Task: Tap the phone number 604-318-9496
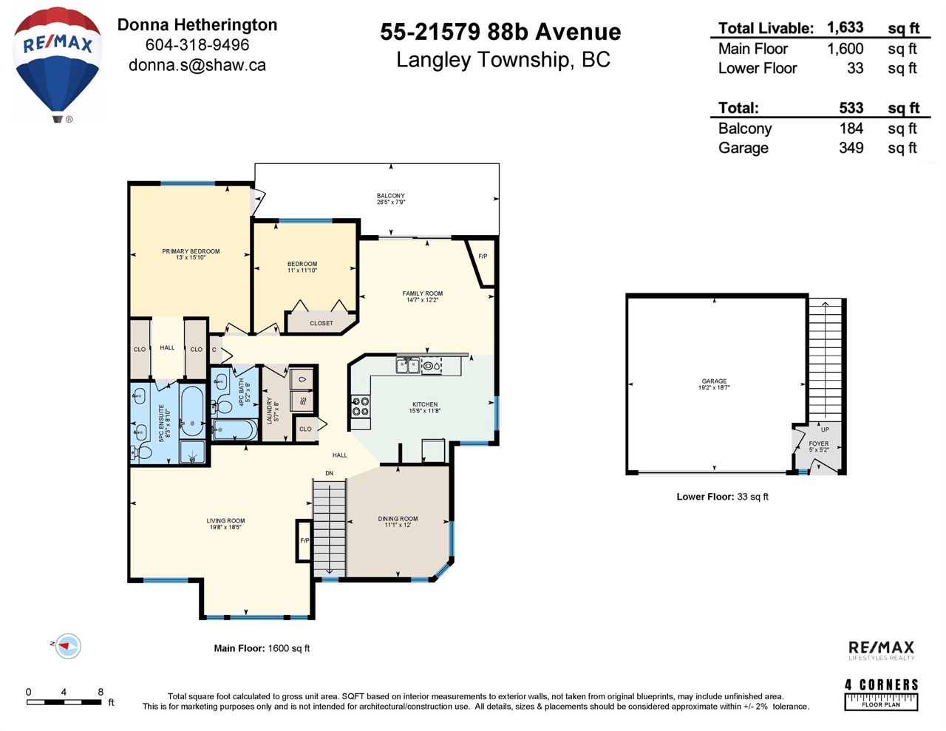197,45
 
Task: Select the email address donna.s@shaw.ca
197,65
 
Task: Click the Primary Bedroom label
191,254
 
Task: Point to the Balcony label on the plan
391,199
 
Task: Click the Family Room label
422,296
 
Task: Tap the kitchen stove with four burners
361,407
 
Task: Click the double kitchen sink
408,366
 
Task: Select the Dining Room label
398,522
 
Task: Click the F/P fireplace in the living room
304,540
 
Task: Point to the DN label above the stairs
329,473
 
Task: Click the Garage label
714,384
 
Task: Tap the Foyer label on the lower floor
819,446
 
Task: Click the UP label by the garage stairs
825,429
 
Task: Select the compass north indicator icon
67,646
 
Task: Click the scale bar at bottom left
64,702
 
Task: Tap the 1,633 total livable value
845,28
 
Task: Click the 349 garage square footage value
851,148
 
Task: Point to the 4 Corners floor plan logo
881,695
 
